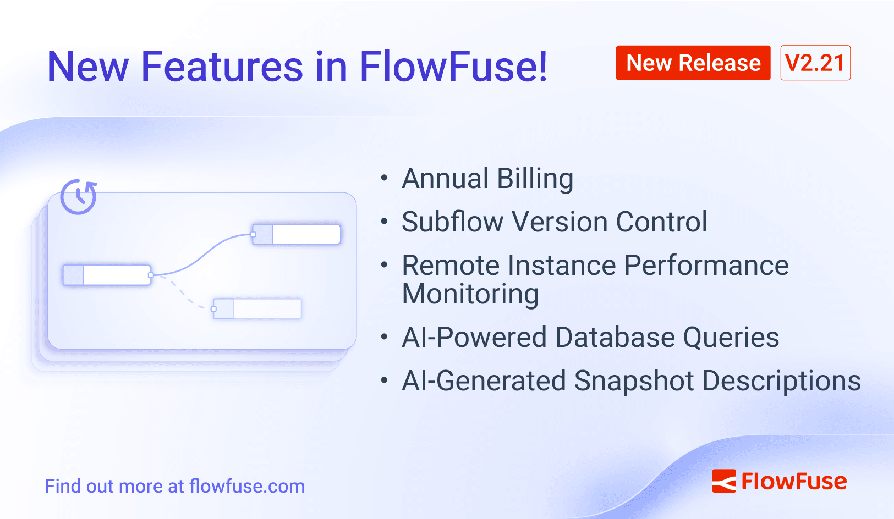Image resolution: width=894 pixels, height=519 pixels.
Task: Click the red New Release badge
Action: point(693,63)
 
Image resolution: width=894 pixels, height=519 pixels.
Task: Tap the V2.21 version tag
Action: point(815,63)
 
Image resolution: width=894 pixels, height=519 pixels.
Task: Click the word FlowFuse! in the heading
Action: point(453,67)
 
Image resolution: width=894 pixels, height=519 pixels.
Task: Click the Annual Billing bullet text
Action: point(487,179)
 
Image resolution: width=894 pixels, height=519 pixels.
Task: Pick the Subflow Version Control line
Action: point(554,222)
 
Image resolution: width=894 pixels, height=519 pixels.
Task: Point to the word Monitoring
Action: point(470,294)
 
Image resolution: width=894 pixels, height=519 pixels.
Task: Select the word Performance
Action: point(706,266)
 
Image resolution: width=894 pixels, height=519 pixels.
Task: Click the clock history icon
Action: point(79,196)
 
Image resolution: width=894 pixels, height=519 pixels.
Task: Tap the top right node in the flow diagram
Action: point(297,234)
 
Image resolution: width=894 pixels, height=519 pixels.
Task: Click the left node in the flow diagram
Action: point(107,275)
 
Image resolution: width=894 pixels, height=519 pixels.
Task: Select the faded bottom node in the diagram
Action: point(257,308)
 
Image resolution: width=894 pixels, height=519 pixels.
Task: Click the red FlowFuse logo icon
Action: point(723,481)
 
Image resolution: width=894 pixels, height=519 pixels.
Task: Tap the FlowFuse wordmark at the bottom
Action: point(794,482)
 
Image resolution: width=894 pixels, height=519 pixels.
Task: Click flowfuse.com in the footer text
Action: point(246,487)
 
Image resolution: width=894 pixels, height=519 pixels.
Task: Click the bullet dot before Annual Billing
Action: point(384,178)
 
